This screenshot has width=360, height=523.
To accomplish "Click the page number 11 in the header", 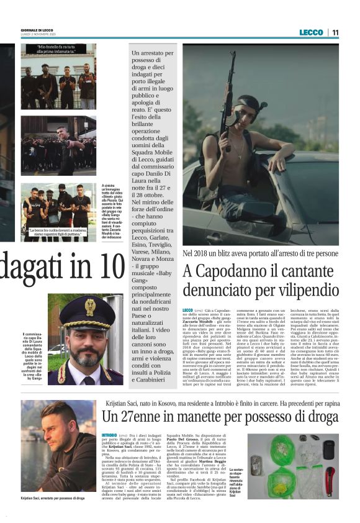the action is point(335,32).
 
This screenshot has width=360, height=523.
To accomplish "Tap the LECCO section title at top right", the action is point(310,32).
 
